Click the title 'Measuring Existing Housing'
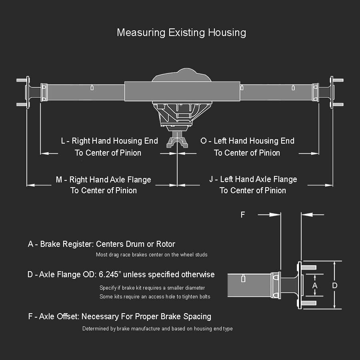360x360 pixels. pyautogui.click(x=181, y=32)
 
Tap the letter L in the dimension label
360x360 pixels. pyautogui.click(x=63, y=141)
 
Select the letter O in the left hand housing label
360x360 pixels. pyautogui.click(x=204, y=141)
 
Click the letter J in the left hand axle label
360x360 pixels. pyautogui.click(x=211, y=180)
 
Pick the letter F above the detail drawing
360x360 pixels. pyautogui.click(x=242, y=215)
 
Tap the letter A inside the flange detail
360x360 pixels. pyautogui.click(x=315, y=286)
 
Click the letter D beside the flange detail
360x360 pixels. pyautogui.click(x=335, y=286)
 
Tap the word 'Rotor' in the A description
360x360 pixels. pyautogui.click(x=166, y=244)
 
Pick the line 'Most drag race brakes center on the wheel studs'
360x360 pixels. pyautogui.click(x=152, y=255)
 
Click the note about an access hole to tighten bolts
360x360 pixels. pyautogui.click(x=154, y=296)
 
